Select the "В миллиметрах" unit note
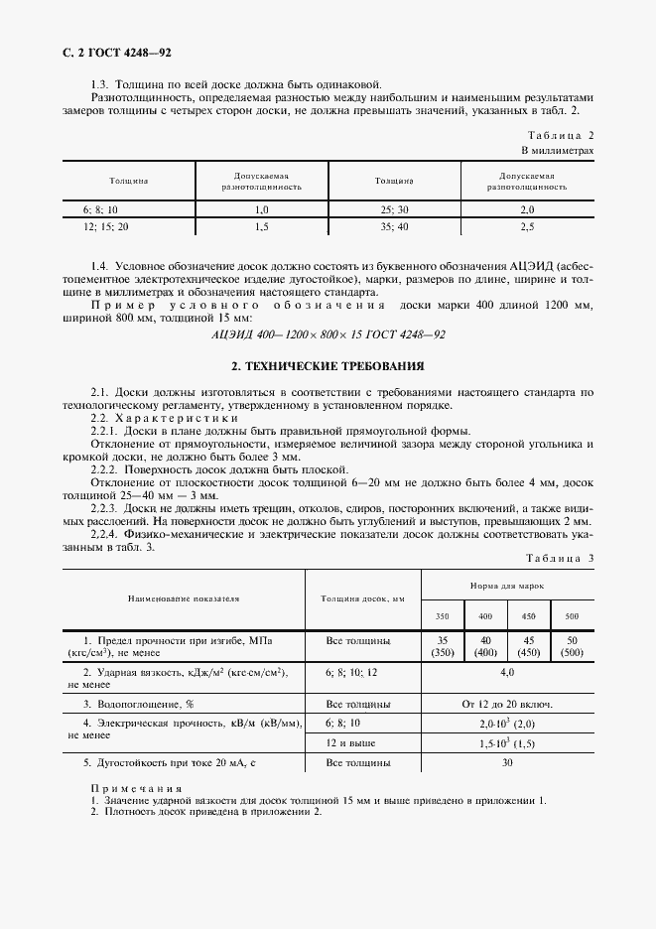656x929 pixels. pos(558,150)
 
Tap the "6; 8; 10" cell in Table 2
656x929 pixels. pos(100,209)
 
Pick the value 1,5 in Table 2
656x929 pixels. pos(262,227)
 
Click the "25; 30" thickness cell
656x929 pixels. pos(393,209)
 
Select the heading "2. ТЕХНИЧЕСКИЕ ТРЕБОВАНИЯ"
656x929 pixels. pos(328,365)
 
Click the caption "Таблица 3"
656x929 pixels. pos(560,558)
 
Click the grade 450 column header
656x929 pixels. pos(528,616)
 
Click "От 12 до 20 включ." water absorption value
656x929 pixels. pos(507,704)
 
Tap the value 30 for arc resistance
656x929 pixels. pos(507,763)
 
